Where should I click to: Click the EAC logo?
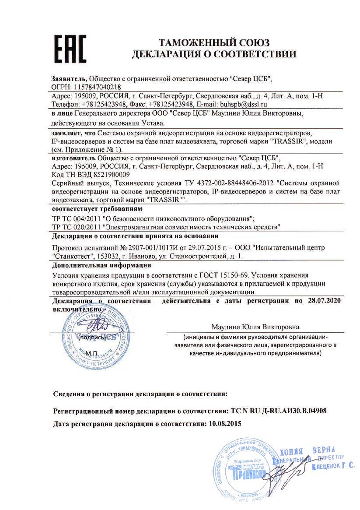(70, 49)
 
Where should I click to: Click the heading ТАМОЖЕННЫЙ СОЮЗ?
(214, 43)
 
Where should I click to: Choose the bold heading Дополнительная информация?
(101, 265)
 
